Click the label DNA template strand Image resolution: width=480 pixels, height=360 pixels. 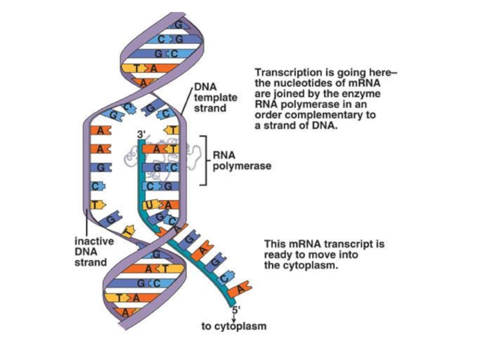(215, 98)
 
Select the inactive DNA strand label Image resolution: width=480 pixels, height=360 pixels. (91, 251)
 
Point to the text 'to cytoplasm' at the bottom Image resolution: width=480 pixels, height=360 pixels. (233, 327)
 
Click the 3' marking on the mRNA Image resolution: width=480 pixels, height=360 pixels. (142, 133)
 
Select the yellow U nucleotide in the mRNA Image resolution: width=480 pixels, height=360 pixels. (148, 206)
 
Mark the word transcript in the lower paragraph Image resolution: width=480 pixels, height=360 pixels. (349, 245)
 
